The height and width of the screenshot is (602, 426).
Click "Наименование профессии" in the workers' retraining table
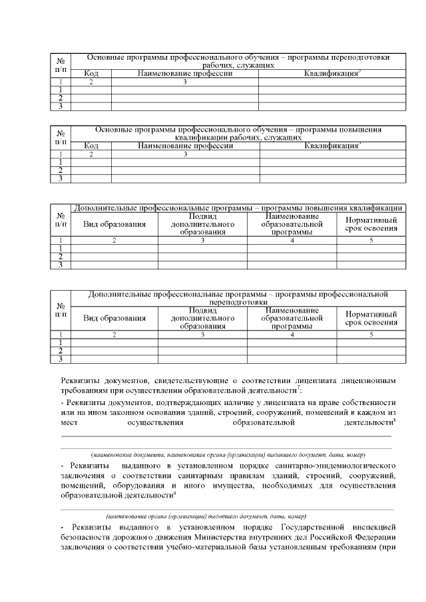[x=184, y=73]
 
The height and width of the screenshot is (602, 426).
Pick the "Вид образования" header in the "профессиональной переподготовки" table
[x=114, y=318]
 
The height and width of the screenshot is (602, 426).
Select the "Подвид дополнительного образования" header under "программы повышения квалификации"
[x=202, y=225]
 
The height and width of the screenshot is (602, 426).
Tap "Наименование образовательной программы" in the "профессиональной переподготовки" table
[x=292, y=318]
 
